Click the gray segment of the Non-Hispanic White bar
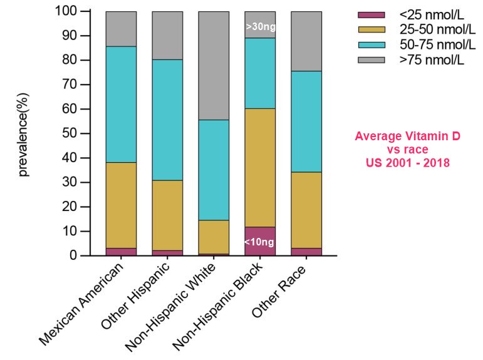click(x=214, y=65)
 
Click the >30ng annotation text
click(x=260, y=27)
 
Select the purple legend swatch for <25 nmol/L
click(x=371, y=14)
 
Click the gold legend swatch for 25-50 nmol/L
click(x=371, y=29)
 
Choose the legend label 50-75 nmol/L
click(x=432, y=44)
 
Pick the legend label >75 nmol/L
click(x=432, y=59)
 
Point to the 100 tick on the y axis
click(x=66, y=11)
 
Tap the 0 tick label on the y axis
click(x=73, y=255)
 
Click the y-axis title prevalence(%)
click(x=24, y=133)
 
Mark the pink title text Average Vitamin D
click(x=408, y=136)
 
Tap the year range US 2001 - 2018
click(x=408, y=162)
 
